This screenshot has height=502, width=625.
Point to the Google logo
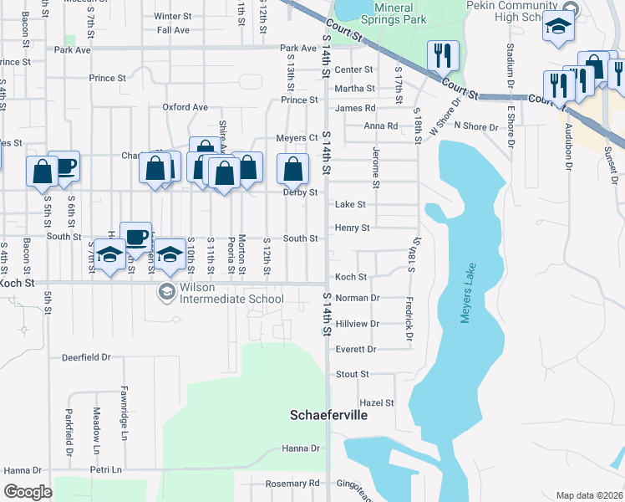(28, 492)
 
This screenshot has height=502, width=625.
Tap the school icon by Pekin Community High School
(558, 27)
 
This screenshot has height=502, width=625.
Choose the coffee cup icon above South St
(135, 236)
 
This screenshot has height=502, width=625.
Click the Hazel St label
(376, 403)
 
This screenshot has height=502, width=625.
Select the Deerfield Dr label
(86, 357)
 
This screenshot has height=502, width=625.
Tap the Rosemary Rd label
(292, 484)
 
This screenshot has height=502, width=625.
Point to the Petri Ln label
(106, 470)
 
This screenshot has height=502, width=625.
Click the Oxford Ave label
(185, 107)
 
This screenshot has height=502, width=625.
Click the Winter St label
(172, 16)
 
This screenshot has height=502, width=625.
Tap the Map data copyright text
(588, 495)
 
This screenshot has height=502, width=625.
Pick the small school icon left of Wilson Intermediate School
(166, 290)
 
